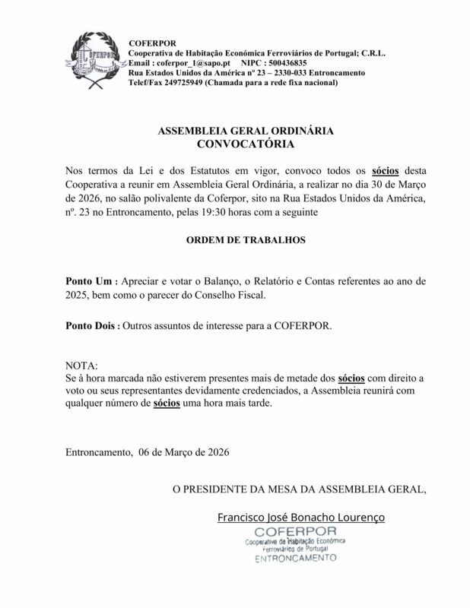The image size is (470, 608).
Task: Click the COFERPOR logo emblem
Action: coord(92,61)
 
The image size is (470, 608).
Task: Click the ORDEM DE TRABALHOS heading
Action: coord(234,240)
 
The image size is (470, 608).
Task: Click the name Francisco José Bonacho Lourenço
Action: coord(301,517)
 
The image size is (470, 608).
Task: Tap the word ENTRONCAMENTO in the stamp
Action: coord(295,557)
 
